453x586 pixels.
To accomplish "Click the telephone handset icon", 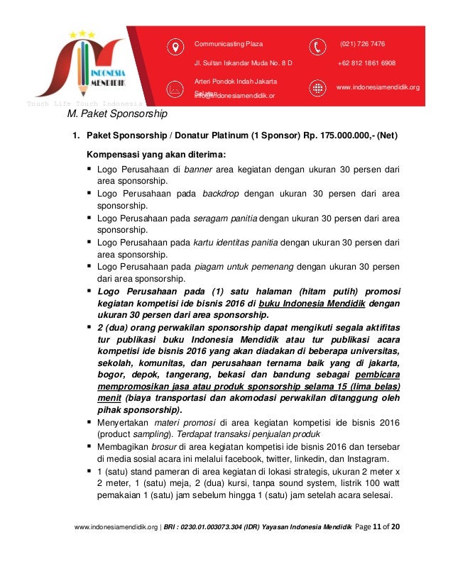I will point(318,47).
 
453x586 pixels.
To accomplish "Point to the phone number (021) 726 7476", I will point(363,44).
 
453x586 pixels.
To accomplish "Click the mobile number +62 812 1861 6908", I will point(367,63).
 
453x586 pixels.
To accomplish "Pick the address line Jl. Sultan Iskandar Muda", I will point(243,63).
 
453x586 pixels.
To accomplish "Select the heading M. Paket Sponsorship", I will point(117,114).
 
